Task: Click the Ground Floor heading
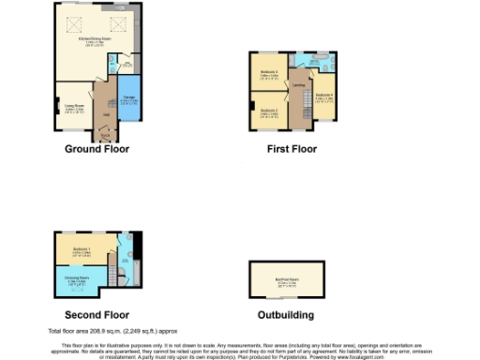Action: pos(97,148)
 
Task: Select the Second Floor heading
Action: pos(97,315)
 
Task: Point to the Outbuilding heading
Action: pos(286,315)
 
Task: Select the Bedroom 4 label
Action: pos(323,96)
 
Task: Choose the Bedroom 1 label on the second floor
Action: pos(81,249)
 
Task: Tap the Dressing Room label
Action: pos(77,279)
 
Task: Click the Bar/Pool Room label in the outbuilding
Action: pos(286,280)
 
